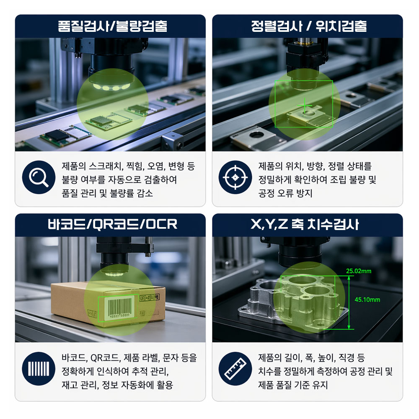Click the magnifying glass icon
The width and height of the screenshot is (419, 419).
pyautogui.click(x=39, y=177)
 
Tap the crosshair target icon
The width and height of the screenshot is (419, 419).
pyautogui.click(x=235, y=177)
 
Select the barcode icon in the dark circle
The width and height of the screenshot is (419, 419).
pyautogui.click(x=39, y=368)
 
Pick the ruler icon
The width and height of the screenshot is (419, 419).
pyautogui.click(x=235, y=368)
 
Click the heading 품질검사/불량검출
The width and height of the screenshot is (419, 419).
pyautogui.click(x=112, y=26)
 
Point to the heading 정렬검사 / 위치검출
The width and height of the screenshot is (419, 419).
pyautogui.click(x=309, y=26)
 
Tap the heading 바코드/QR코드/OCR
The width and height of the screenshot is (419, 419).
pyautogui.click(x=112, y=224)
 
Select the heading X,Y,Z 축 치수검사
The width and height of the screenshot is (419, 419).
pyautogui.click(x=305, y=224)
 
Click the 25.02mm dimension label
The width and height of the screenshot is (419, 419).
pyautogui.click(x=359, y=271)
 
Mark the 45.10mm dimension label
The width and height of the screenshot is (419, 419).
pyautogui.click(x=367, y=300)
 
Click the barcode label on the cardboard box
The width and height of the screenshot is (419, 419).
pyautogui.click(x=119, y=308)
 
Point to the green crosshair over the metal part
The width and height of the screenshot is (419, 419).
pyautogui.click(x=305, y=105)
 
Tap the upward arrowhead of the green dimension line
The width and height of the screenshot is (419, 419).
pyautogui.click(x=349, y=278)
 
